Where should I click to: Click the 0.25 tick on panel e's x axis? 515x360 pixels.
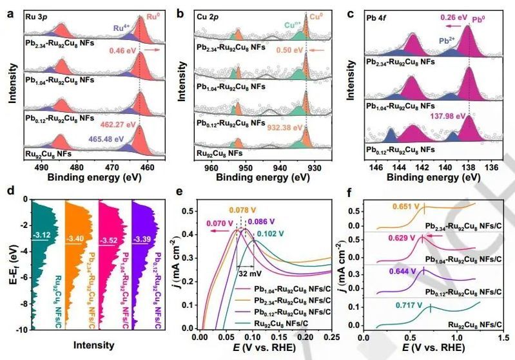coord(331,337)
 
